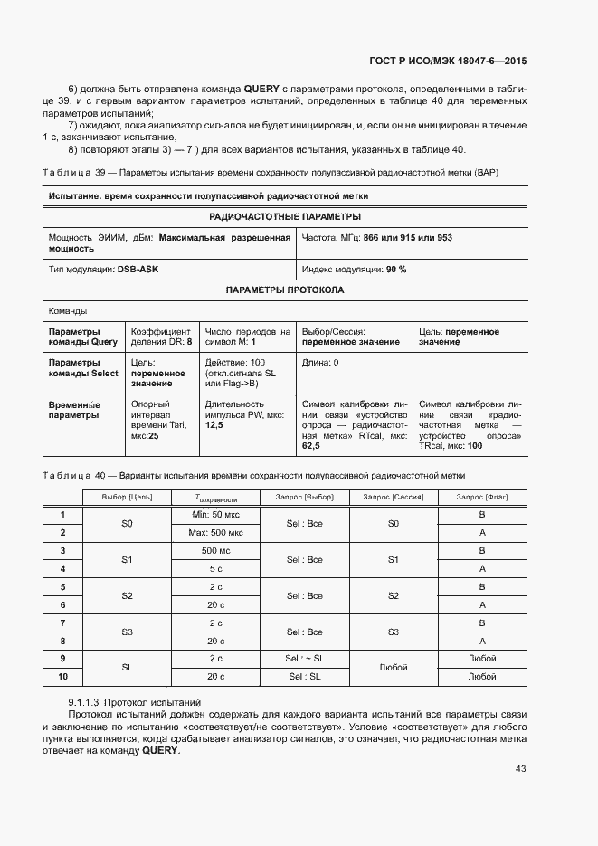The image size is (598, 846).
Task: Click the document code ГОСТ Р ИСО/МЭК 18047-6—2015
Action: tap(449, 61)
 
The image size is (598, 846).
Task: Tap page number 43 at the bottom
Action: tap(520, 769)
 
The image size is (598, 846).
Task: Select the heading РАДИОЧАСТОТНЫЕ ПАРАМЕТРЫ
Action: tap(285, 217)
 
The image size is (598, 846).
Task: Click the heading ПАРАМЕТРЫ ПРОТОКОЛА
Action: tap(285, 290)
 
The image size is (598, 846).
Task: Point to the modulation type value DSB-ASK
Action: tap(137, 270)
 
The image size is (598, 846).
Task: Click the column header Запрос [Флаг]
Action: tap(482, 498)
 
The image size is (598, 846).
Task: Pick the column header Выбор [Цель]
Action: tap(128, 498)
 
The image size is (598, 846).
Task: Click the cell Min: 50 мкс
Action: tap(214, 515)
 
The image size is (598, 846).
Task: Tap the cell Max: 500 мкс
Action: tap(214, 533)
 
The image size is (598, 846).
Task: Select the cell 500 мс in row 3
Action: tap(214, 551)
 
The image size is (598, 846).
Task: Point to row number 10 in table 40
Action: tap(62, 677)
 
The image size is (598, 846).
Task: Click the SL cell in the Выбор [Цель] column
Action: tap(128, 668)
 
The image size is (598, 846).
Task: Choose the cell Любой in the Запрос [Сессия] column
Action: tap(394, 668)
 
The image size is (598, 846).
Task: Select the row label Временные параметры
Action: tap(75, 411)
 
